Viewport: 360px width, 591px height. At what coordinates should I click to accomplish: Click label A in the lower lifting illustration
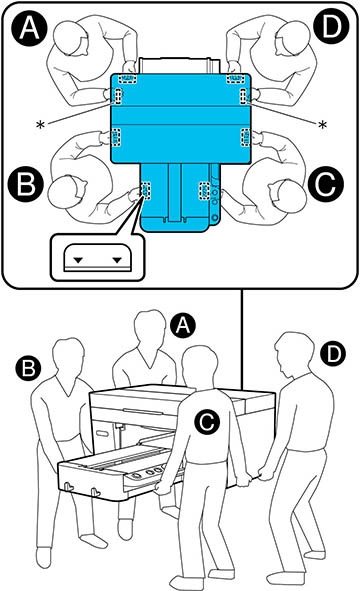pos(180,324)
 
